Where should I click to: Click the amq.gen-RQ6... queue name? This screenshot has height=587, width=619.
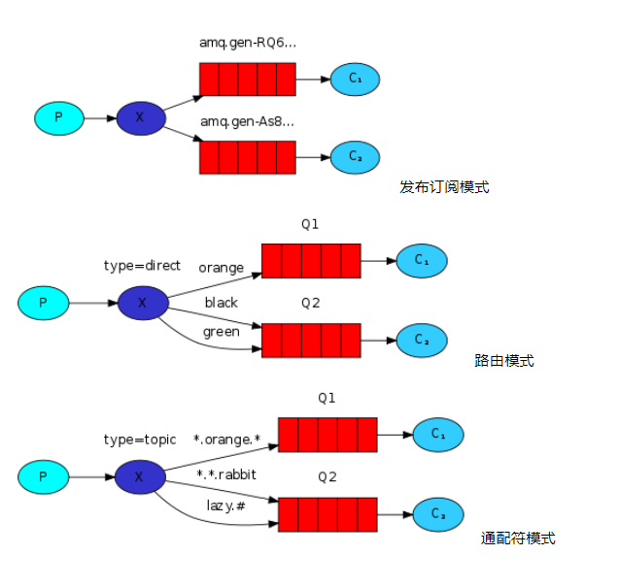tap(248, 43)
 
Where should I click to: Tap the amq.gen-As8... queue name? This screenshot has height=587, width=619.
tap(247, 122)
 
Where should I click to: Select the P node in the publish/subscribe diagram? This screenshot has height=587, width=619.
tap(59, 118)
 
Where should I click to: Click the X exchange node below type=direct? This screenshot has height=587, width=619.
tap(143, 303)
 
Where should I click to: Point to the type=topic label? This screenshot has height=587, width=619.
tap(140, 440)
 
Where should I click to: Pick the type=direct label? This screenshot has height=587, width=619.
tap(142, 266)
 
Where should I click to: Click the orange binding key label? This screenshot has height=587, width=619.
tap(222, 268)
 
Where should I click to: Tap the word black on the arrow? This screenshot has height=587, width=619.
tap(222, 303)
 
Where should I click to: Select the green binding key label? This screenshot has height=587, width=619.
tap(222, 332)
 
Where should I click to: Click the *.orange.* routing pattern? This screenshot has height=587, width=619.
tap(226, 440)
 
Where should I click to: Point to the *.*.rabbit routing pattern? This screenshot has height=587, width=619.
tap(226, 474)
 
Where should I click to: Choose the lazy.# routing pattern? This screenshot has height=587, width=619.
tap(225, 505)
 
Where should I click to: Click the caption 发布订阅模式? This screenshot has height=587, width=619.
tap(444, 187)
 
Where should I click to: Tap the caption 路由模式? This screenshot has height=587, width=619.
tap(504, 360)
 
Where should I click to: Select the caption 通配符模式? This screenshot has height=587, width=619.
tap(518, 538)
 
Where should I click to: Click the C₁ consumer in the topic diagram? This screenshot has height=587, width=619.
tap(438, 435)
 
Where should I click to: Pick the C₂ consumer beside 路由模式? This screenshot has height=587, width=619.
tap(422, 341)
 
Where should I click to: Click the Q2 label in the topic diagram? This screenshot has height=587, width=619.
tap(327, 477)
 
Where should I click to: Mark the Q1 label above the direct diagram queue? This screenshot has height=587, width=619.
tap(310, 224)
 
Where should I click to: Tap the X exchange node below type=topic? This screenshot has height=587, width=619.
tap(140, 477)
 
